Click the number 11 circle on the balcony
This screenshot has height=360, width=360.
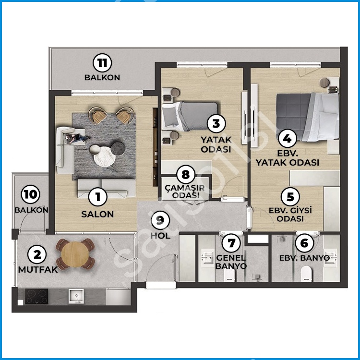(102, 63)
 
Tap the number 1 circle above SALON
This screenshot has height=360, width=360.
(98, 197)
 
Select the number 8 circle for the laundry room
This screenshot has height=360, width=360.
(185, 175)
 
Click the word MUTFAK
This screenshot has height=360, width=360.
(38, 270)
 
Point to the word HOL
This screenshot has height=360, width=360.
(160, 236)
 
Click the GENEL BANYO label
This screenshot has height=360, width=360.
(231, 262)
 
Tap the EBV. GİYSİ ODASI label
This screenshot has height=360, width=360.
(290, 215)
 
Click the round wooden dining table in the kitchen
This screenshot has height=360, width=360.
(75, 254)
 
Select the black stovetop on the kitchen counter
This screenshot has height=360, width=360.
(37, 296)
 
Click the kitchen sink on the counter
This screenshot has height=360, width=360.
(76, 296)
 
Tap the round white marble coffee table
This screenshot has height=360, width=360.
(105, 156)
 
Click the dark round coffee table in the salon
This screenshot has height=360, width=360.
(118, 148)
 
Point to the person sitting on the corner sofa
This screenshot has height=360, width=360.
(76, 138)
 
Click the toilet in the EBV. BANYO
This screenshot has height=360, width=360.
(306, 274)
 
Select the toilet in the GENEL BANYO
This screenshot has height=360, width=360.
(229, 275)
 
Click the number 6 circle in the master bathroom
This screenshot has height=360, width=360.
(304, 243)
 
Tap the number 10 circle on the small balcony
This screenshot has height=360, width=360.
(30, 194)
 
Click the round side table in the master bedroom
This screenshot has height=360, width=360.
(324, 83)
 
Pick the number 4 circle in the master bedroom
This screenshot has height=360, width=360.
(287, 139)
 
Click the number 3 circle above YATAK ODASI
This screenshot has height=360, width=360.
(216, 123)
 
